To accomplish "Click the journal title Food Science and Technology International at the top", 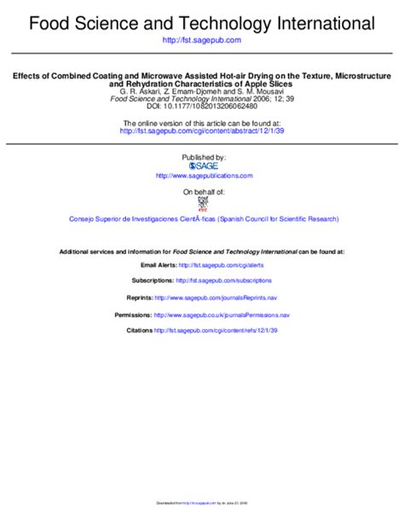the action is click(x=202, y=21).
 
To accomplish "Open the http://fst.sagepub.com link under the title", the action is click(x=202, y=40).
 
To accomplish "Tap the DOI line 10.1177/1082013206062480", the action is click(x=202, y=107).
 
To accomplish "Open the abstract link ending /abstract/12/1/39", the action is click(x=202, y=131).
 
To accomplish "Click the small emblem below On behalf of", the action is click(x=203, y=204).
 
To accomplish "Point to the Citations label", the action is click(x=139, y=330).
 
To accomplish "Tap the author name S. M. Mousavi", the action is click(x=265, y=91).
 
